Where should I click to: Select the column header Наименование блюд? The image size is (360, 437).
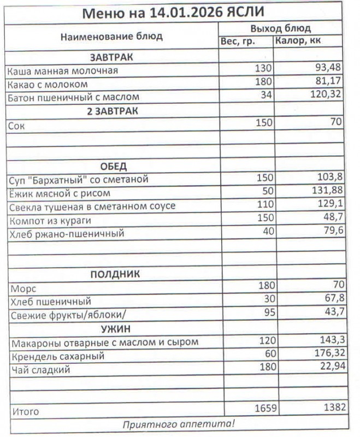coord(111,37)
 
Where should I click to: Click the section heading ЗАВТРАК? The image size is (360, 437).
coord(111,57)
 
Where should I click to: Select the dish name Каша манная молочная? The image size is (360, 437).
coord(63,71)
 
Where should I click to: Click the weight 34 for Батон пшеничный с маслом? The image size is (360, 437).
coord(264,97)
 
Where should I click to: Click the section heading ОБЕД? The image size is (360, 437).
coord(113,166)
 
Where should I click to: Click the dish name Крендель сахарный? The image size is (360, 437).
coord(57,356)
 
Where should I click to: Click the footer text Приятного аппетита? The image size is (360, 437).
coord(178,423)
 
